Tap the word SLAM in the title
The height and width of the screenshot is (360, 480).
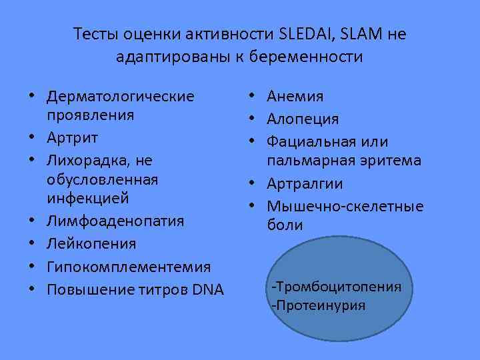(357, 33)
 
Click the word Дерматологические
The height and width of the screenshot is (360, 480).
(121, 97)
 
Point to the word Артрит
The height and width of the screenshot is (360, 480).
(72, 138)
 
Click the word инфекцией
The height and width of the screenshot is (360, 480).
(87, 199)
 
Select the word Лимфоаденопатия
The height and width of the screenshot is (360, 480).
(115, 221)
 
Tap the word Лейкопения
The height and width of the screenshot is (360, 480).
(91, 244)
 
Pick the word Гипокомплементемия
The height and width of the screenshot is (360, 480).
(129, 267)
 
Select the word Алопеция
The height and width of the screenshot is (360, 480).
(303, 119)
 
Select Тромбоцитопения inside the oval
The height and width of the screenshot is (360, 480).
(337, 287)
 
